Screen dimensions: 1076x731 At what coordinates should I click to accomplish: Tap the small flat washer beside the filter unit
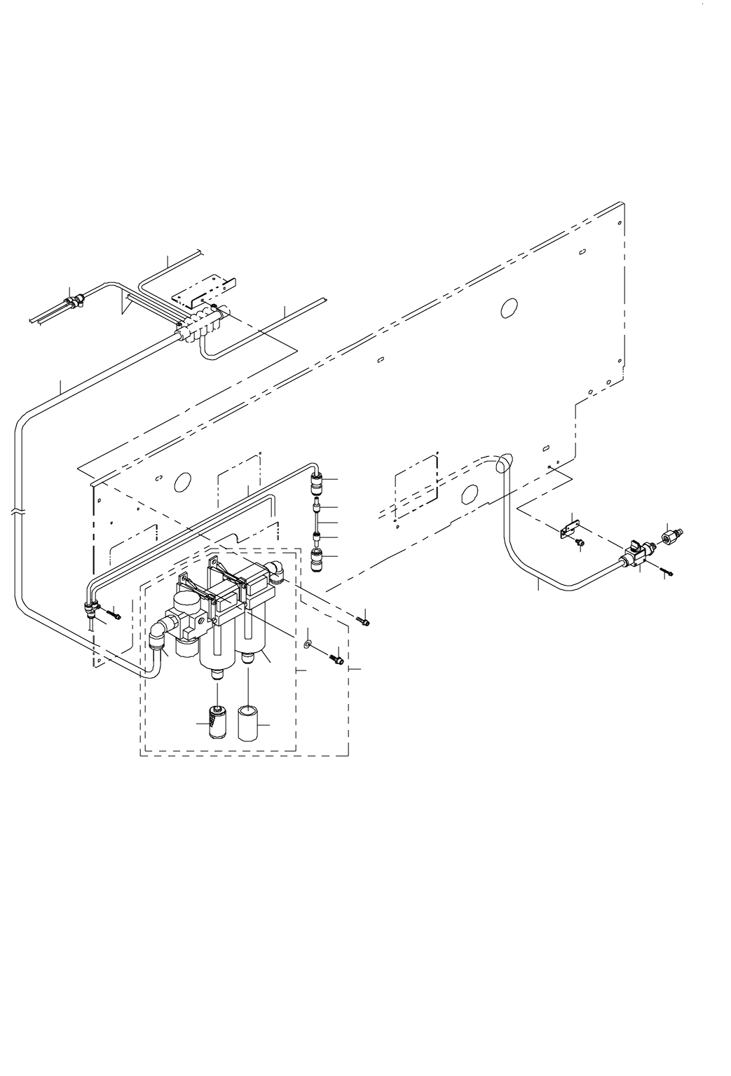point(309,642)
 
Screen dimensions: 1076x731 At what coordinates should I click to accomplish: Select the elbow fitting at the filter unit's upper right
point(277,571)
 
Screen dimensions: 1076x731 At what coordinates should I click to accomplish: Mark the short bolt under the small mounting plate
point(580,542)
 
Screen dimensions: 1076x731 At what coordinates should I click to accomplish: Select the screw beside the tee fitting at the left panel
point(114,616)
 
